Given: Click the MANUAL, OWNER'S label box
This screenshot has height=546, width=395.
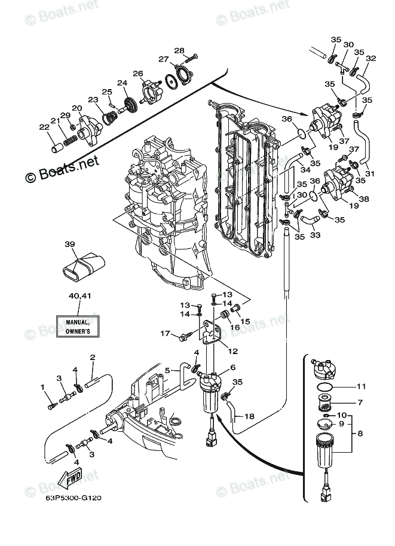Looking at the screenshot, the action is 78,327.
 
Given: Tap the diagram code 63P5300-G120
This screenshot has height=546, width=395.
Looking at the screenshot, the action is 74,498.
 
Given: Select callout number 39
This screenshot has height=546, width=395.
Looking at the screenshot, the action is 69,244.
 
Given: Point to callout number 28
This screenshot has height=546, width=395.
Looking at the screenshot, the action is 179,50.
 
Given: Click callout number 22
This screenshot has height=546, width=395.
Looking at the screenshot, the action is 44,127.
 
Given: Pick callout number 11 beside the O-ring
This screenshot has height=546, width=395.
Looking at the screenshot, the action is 362,386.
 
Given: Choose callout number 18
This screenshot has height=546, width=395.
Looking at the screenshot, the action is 250,416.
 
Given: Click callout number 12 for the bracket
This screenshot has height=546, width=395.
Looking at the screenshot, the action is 233,351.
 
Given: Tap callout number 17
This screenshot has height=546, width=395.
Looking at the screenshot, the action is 165,333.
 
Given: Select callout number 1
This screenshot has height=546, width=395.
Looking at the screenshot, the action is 42,387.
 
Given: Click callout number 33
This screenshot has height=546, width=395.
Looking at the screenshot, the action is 315,235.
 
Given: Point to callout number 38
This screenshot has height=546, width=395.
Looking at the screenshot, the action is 364,199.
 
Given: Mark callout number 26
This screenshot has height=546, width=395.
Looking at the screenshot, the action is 138,74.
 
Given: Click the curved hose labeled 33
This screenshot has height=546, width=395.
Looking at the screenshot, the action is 310,219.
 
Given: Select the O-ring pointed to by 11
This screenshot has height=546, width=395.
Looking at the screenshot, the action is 325,386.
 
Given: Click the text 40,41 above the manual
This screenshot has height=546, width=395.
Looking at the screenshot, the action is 79,295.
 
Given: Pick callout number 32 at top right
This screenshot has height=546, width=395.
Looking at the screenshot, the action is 371,58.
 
